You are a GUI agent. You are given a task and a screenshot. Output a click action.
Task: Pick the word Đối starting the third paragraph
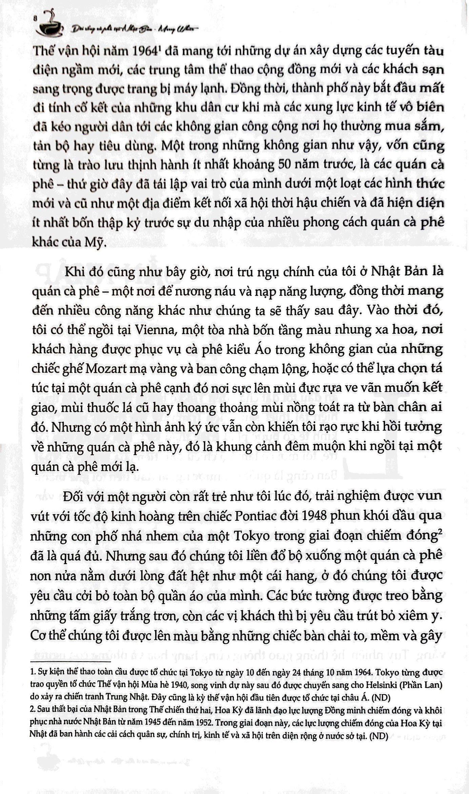(75, 497)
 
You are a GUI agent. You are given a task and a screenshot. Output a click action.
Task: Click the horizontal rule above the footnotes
(71, 661)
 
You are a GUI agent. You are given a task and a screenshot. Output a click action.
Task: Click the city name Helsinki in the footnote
(380, 685)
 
